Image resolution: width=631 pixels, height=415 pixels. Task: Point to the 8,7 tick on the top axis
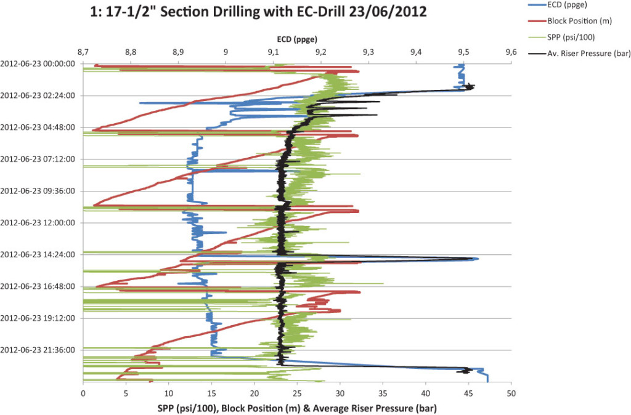(x=83, y=53)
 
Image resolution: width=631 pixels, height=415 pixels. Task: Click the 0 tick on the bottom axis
(x=83, y=392)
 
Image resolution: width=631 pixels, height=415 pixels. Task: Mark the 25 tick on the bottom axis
(x=296, y=392)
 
